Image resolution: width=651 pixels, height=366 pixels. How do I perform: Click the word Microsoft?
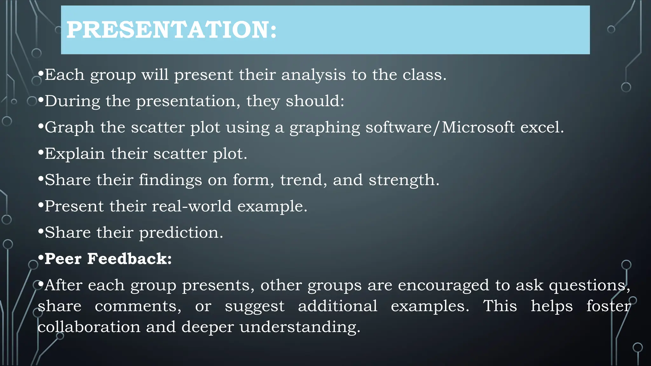[x=478, y=127]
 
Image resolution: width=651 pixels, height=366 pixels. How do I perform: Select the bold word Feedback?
[x=129, y=259]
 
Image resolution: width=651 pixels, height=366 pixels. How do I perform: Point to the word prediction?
[x=181, y=233]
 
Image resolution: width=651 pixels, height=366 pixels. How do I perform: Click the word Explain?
[x=75, y=154]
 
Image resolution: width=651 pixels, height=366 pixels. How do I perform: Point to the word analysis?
[x=313, y=75]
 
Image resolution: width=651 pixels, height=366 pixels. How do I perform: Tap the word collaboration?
[x=89, y=327]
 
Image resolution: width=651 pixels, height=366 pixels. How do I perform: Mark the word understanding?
[x=300, y=328]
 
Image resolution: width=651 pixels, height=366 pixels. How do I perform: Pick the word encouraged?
[x=443, y=286]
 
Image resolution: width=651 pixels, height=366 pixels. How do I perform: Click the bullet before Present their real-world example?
[x=40, y=206]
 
